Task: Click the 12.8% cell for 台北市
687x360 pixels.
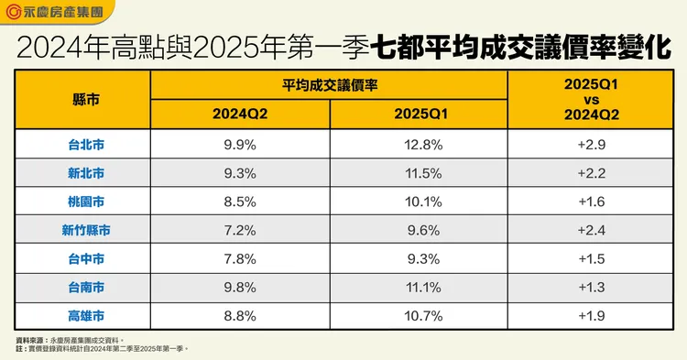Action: coord(419,144)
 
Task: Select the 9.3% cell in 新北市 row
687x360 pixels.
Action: coord(241,172)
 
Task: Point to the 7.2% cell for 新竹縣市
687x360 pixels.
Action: coord(241,230)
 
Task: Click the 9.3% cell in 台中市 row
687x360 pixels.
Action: coord(419,259)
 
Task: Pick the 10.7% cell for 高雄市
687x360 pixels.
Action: coord(419,316)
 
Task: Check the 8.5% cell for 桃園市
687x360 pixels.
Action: coord(241,202)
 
